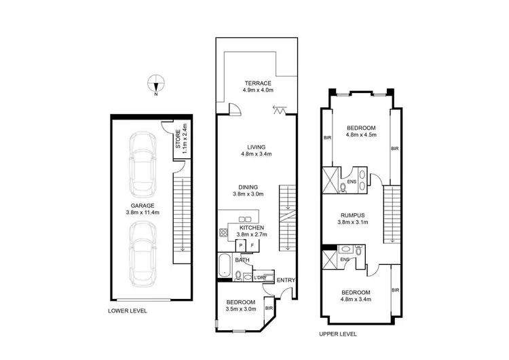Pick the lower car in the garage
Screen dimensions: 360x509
point(143,253)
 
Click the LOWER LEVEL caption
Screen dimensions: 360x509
point(128,310)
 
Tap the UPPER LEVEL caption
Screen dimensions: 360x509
point(338,334)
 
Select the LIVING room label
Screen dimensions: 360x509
point(256,147)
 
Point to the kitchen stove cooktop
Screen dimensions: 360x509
point(223,233)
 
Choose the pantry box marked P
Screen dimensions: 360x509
point(240,245)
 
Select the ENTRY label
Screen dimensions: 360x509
point(286,280)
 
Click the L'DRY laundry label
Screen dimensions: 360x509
point(259,277)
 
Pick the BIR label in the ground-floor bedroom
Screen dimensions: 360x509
point(269,308)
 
